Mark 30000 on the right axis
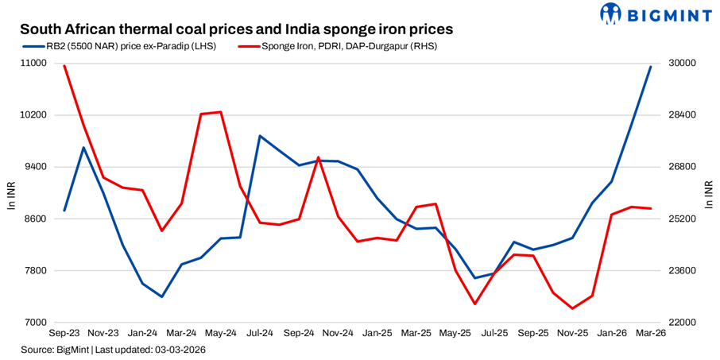pos(683,64)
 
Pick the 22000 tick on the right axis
pos(683,323)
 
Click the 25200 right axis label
pos(683,219)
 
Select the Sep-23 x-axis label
pos(64,335)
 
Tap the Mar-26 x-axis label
pos(651,335)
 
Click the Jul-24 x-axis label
pos(260,335)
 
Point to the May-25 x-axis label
pos(455,335)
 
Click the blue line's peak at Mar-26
pos(651,67)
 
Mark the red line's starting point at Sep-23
pos(64,65)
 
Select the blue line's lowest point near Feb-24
pos(162,296)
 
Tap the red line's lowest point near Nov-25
pos(573,308)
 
